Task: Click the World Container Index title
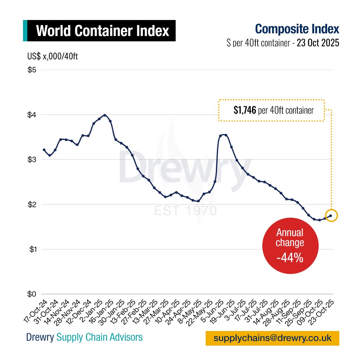102,31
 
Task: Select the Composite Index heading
297,29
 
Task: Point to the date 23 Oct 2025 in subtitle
318,43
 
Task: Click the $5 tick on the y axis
32,70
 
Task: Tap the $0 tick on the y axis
32,294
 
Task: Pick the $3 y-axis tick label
32,160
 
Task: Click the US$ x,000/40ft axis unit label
53,57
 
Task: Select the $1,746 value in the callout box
245,110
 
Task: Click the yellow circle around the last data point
331,216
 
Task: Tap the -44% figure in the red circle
290,257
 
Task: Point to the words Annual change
290,237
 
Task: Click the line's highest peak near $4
105,115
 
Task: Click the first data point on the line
44,150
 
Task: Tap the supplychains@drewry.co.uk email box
272,338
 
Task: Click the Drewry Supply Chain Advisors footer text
84,337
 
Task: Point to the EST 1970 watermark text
185,211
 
